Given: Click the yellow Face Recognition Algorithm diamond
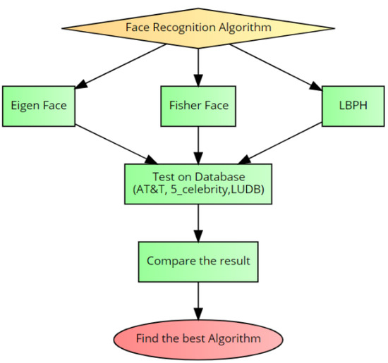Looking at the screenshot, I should [198, 28].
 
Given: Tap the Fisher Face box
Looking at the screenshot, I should [198, 106].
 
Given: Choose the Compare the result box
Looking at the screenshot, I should [198, 260].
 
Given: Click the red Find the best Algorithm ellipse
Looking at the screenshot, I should [198, 338].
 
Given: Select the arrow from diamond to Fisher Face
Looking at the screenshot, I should [198, 67].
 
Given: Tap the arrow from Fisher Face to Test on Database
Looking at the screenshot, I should [198, 144].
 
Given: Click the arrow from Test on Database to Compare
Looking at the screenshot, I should [198, 222].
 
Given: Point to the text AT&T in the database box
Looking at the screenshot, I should [149, 190].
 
